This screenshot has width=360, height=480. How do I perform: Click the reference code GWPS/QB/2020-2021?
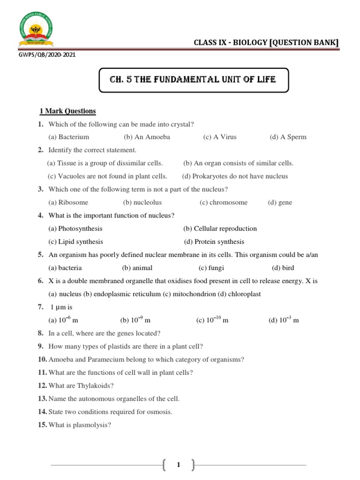tap(45, 54)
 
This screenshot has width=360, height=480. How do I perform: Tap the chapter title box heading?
tap(193, 80)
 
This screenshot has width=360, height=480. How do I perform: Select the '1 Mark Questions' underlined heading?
tap(67, 111)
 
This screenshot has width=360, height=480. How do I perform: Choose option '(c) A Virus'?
tap(220, 137)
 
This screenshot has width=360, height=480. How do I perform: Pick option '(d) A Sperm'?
tap(288, 137)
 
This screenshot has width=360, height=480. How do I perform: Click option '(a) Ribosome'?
tap(68, 202)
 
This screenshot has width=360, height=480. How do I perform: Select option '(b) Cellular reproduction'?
tap(220, 228)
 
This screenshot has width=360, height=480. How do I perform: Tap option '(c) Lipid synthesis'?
tap(75, 241)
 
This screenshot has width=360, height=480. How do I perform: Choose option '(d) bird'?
tap(283, 268)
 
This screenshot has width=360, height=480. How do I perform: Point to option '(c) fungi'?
tap(211, 268)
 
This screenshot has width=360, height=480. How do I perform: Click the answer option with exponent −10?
tap(212, 320)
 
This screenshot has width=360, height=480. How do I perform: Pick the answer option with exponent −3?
tap(283, 320)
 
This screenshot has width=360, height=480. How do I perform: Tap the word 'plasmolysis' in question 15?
tap(92, 425)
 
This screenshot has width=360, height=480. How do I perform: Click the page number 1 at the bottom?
tap(178, 465)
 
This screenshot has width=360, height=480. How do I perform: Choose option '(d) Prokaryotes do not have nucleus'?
tap(235, 176)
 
